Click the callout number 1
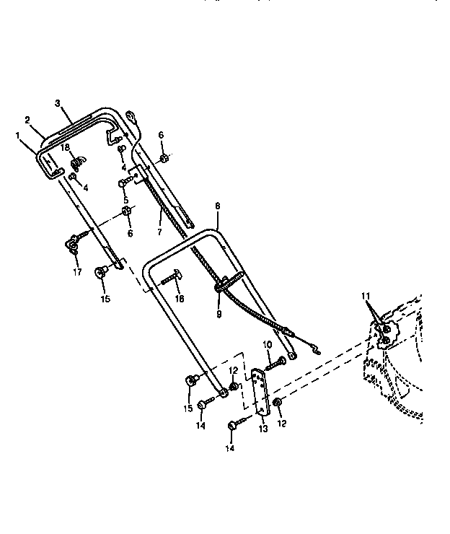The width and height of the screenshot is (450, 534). click(x=17, y=134)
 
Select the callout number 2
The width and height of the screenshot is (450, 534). click(x=27, y=119)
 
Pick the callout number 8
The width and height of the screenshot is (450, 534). click(x=217, y=206)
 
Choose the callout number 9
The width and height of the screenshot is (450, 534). click(x=219, y=315)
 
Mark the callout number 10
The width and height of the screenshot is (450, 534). click(x=267, y=344)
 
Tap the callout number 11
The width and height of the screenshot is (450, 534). click(x=366, y=297)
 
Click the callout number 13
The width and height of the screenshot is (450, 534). click(x=262, y=429)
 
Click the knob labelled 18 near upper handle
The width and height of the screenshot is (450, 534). click(x=81, y=158)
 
